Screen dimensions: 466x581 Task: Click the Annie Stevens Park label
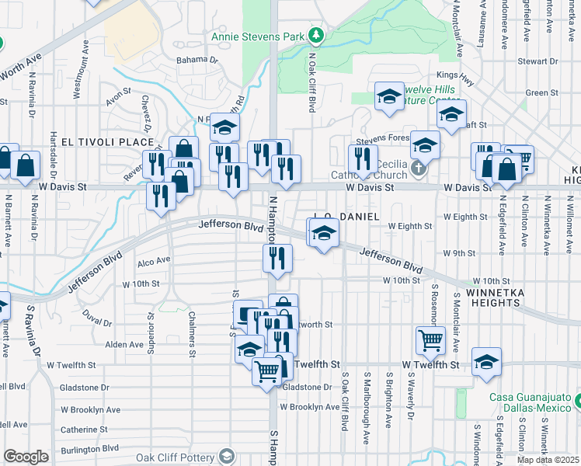pos(258,37)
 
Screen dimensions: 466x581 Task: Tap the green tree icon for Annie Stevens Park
pos(316,35)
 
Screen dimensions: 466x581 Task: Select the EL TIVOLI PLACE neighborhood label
pos(98,143)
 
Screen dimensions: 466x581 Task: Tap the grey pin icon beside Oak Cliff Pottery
pos(227,455)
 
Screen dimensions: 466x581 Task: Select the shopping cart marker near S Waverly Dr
pos(430,339)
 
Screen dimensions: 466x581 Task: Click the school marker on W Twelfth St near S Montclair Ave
pos(485,362)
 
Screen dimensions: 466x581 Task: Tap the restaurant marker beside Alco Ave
pos(277,258)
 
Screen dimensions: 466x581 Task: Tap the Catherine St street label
pos(84,429)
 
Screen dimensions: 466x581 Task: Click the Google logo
pos(25,457)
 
